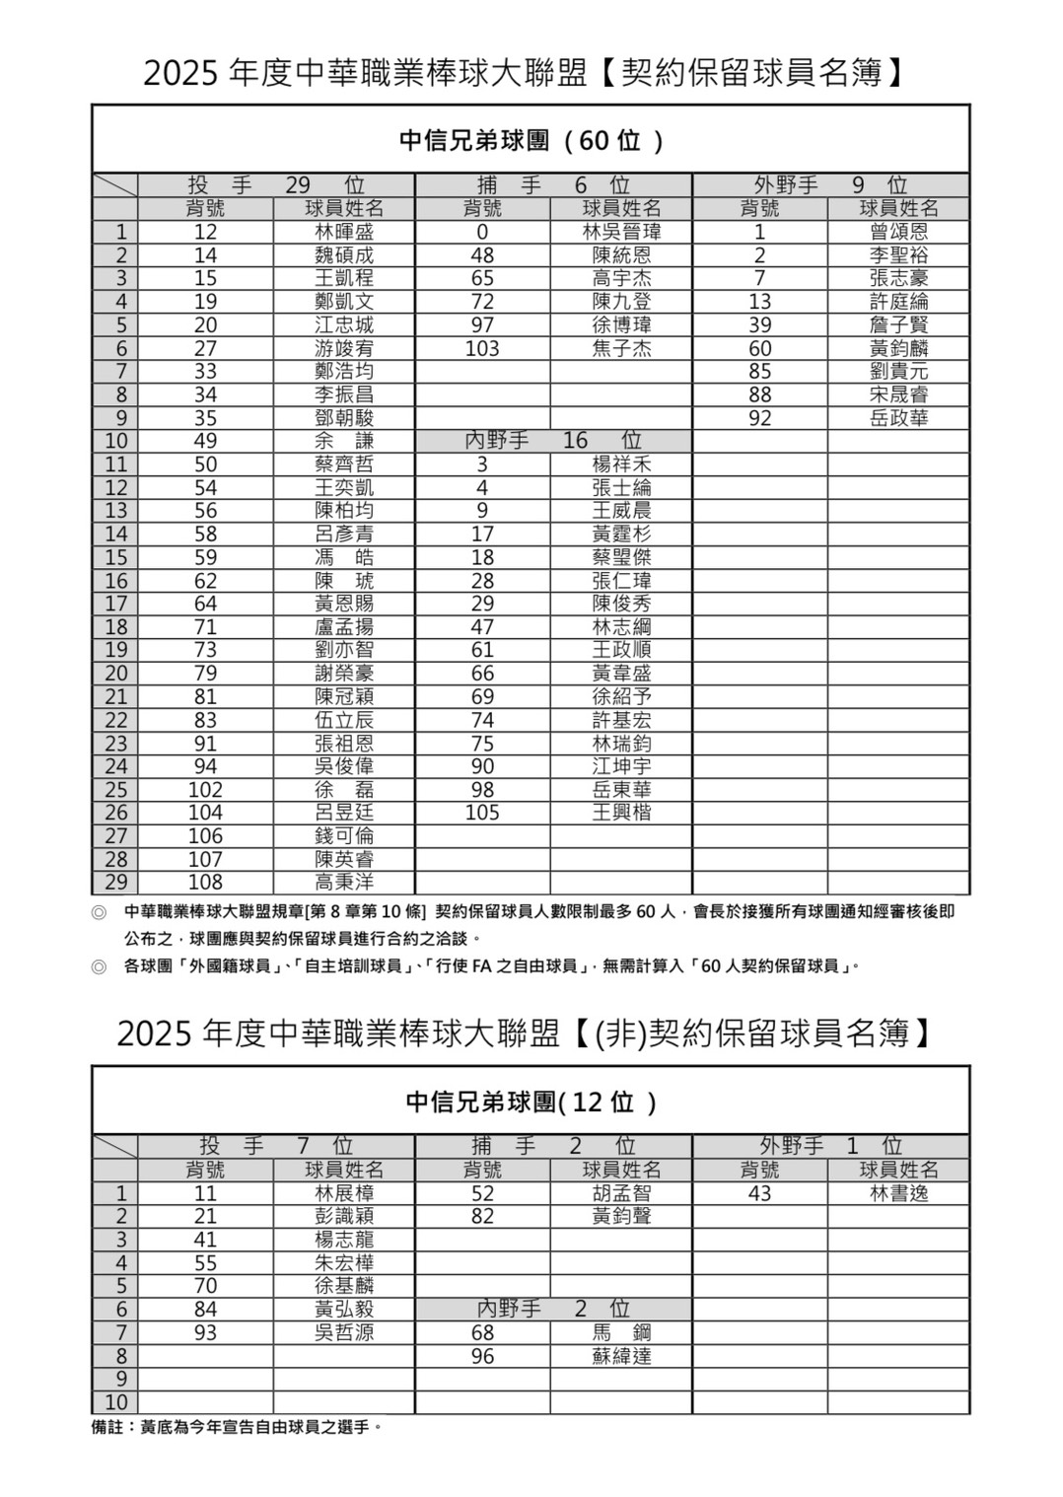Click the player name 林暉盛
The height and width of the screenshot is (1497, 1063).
pyautogui.click(x=344, y=233)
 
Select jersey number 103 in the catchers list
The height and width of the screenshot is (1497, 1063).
pyautogui.click(x=482, y=349)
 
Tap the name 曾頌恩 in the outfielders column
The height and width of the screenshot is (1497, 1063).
pyautogui.click(x=898, y=233)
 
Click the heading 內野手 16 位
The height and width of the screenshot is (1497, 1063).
pyautogui.click(x=553, y=441)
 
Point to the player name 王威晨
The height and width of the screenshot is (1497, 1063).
pyautogui.click(x=621, y=511)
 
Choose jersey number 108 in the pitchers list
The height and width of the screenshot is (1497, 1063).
pyautogui.click(x=205, y=883)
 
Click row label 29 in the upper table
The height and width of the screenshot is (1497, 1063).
pyautogui.click(x=115, y=883)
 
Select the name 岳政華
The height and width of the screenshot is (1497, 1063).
pyautogui.click(x=898, y=418)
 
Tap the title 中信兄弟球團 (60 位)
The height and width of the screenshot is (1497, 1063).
pyautogui.click(x=531, y=141)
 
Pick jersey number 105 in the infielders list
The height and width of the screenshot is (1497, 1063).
pyautogui.click(x=482, y=814)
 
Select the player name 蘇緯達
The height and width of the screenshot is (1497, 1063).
pyautogui.click(x=621, y=1357)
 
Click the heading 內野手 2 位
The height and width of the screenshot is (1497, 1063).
pyautogui.click(x=553, y=1310)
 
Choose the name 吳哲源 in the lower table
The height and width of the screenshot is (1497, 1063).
pyautogui.click(x=344, y=1333)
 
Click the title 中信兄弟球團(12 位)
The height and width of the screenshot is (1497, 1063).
pyautogui.click(x=531, y=1102)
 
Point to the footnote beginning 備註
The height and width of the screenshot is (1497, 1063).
pyautogui.click(x=236, y=1427)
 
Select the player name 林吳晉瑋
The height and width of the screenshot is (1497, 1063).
pyautogui.click(x=621, y=233)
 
